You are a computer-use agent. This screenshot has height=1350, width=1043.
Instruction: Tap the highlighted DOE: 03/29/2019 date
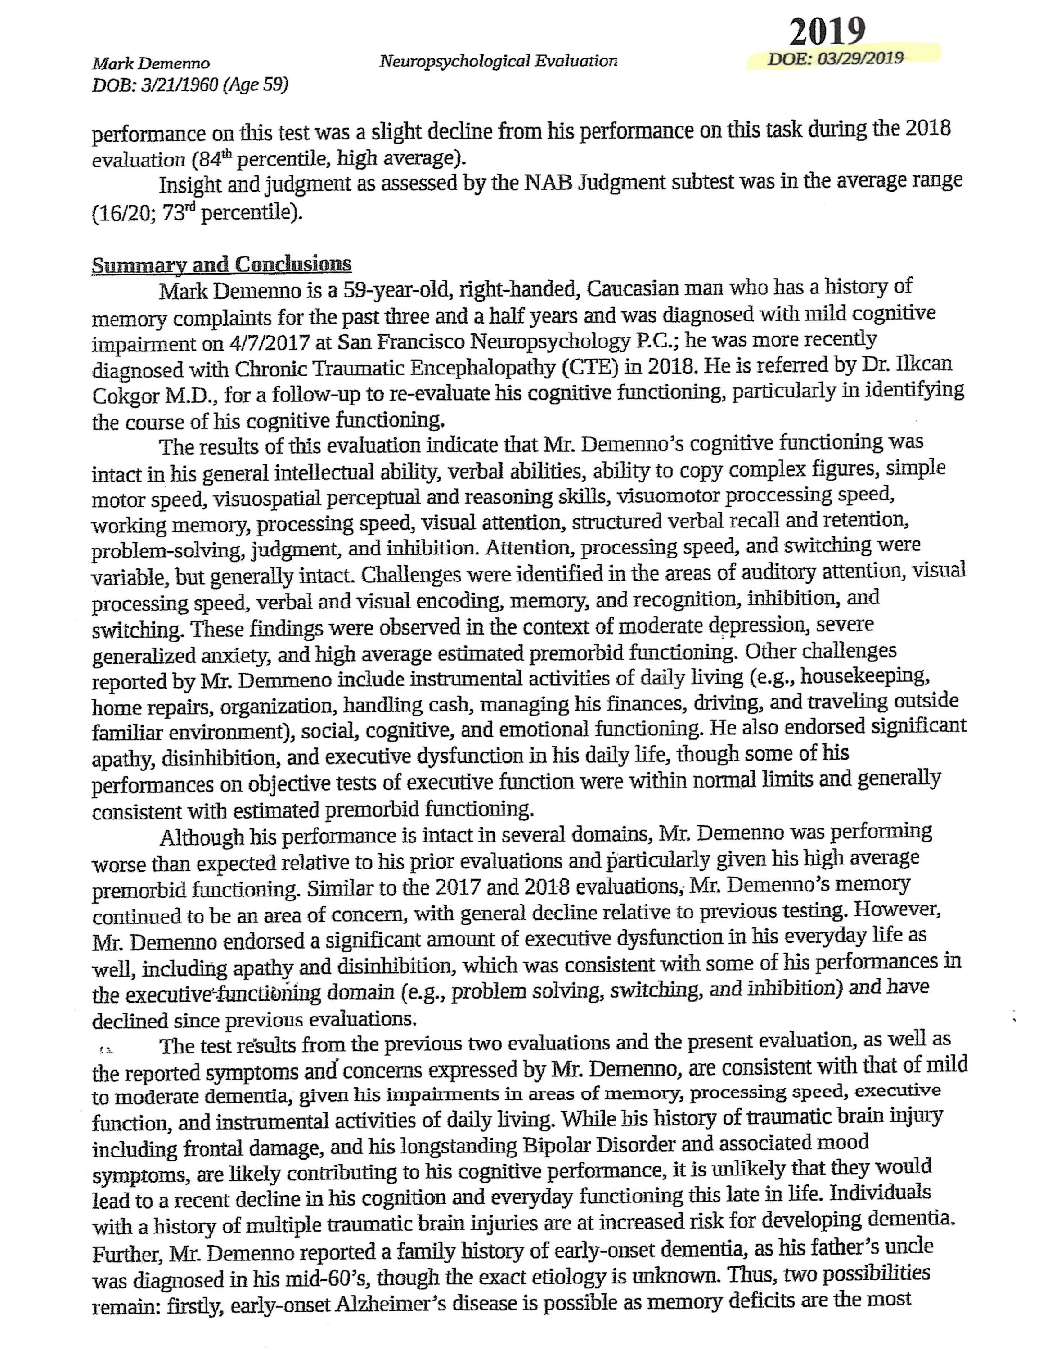coord(836,58)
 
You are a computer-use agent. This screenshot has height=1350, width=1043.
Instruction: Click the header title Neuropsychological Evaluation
coord(498,61)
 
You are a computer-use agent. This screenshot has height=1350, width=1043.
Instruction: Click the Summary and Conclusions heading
coord(221,265)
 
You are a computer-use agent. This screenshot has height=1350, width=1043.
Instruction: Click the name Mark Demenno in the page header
coord(151,63)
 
